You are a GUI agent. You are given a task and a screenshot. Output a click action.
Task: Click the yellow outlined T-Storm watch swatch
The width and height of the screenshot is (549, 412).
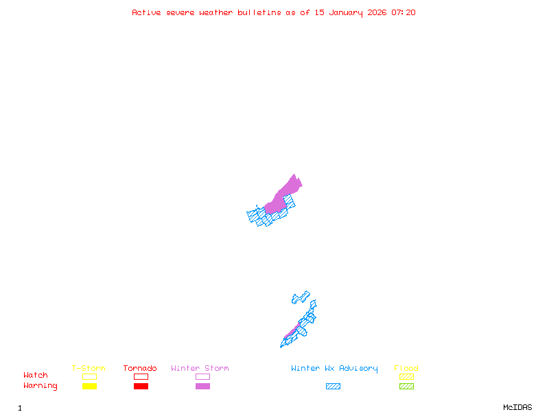point(89,376)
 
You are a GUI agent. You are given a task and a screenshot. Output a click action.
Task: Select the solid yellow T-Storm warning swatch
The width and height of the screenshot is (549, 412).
point(89,387)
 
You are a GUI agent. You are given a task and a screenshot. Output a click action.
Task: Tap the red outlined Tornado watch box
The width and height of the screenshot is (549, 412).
point(141,376)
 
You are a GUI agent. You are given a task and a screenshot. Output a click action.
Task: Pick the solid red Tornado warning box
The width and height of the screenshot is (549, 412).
point(141,387)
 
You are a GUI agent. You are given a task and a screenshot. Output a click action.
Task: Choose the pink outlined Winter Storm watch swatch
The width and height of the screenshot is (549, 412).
point(202,376)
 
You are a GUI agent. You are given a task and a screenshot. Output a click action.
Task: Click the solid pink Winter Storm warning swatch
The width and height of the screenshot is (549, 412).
point(202,387)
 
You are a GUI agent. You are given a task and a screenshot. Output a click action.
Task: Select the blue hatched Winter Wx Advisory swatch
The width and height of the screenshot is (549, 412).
point(333,387)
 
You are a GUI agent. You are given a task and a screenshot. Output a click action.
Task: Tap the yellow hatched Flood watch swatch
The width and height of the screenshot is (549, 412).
point(406,376)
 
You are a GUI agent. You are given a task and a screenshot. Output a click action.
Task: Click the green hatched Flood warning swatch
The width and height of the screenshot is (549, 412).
point(406,387)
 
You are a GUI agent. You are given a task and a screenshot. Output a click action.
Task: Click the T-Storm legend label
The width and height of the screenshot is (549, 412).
point(89,368)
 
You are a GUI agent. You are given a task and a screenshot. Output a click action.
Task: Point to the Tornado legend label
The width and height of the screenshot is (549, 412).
point(140,368)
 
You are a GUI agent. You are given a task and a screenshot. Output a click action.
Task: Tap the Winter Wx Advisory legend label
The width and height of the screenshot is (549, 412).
point(334,368)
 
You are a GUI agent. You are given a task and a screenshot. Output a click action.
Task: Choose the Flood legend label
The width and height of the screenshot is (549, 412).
point(406,368)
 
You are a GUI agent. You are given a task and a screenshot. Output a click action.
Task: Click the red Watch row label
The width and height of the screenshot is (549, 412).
point(36,376)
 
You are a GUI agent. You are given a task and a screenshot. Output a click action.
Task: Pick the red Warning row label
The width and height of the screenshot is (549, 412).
point(40,386)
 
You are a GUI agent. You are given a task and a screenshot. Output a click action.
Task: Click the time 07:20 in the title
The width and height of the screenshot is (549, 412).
point(404,12)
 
